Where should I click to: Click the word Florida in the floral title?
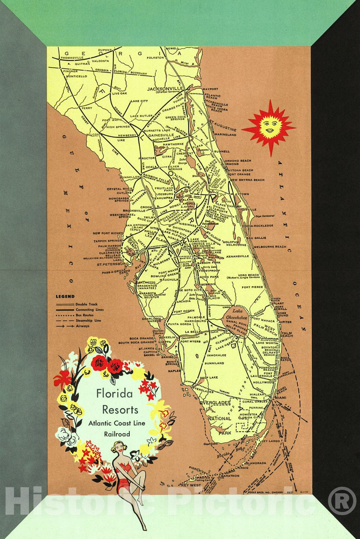[x=115, y=393]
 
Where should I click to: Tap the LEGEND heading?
[x=65, y=297]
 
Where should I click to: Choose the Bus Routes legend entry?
[x=84, y=315]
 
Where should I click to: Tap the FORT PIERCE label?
[x=252, y=287]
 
